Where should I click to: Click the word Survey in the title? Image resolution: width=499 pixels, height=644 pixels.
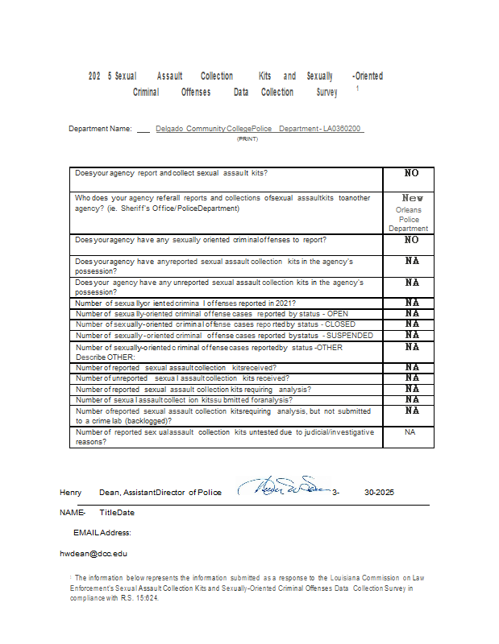tap(326, 93)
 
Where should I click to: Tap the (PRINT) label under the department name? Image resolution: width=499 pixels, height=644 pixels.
tap(247, 139)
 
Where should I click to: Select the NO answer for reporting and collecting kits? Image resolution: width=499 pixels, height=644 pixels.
tap(411, 173)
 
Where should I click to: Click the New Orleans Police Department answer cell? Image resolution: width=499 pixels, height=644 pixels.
tap(408, 213)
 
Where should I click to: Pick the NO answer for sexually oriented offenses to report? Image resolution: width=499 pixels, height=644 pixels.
tap(411, 240)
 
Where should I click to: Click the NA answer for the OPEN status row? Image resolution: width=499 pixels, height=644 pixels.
tap(411, 313)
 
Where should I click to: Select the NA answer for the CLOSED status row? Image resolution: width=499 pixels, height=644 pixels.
tap(411, 324)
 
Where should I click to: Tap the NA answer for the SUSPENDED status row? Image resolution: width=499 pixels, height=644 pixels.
tap(411, 335)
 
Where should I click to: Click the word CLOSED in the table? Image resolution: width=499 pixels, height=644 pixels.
tap(339, 324)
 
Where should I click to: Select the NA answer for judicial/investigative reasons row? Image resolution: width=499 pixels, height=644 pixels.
tap(410, 432)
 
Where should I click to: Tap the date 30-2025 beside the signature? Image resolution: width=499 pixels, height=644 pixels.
tap(379, 492)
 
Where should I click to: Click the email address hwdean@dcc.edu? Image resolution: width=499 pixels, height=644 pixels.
tap(93, 554)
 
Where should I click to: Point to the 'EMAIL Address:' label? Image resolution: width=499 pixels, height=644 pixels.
tap(102, 533)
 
